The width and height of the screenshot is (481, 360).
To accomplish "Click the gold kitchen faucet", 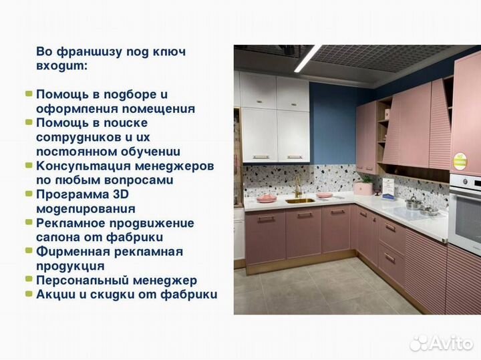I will click(x=298, y=186).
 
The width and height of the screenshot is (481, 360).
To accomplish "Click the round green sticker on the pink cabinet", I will click(x=460, y=161).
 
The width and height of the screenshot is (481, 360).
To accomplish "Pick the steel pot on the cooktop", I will click(x=414, y=203).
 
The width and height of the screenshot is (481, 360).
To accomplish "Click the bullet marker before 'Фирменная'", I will click(x=29, y=251).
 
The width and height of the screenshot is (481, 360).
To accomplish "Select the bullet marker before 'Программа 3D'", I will click(x=29, y=194).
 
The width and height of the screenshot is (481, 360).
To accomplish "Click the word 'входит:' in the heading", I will click(x=61, y=66).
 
